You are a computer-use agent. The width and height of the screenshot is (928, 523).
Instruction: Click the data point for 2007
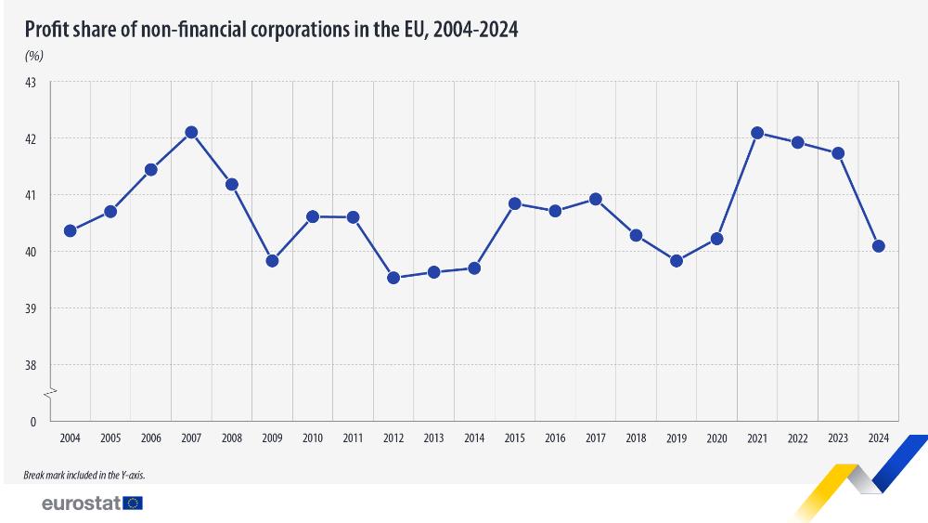(191, 132)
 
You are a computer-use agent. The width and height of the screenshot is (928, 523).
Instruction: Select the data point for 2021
(757, 133)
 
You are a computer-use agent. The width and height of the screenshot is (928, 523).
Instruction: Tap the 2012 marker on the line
(393, 278)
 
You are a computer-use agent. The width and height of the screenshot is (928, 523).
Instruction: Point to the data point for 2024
(879, 246)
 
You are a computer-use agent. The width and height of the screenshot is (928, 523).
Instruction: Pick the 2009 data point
(272, 261)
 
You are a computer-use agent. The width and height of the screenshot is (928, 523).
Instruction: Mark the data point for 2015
(515, 203)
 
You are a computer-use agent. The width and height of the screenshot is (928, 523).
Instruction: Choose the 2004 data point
(70, 230)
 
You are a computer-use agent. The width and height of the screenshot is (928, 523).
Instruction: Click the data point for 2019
(677, 261)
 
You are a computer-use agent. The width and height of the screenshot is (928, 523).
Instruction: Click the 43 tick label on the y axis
(31, 83)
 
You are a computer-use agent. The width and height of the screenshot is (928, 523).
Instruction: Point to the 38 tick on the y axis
(31, 365)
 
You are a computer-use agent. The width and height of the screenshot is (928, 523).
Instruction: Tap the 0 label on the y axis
(32, 422)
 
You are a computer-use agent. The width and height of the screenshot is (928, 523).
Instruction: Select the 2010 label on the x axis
(313, 438)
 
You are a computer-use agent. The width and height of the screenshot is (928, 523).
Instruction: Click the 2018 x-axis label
(636, 438)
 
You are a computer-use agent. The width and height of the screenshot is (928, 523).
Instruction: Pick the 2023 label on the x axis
(838, 438)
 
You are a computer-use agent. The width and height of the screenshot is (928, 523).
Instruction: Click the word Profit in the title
(47, 30)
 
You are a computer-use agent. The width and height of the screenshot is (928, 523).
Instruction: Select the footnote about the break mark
(84, 475)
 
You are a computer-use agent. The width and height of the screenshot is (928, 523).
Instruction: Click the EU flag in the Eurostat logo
(133, 503)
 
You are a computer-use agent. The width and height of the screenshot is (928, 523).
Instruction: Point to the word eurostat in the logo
(81, 503)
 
